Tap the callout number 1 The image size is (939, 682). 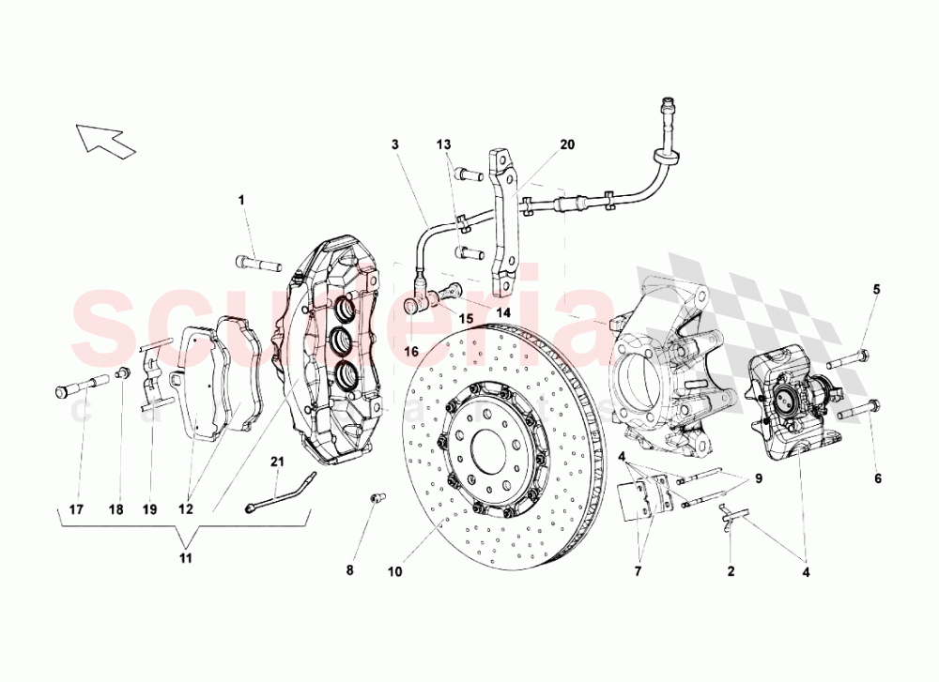point(240,200)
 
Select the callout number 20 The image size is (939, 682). point(566,145)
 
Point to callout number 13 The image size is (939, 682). point(443,145)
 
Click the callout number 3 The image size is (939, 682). point(395,145)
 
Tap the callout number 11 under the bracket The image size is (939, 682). point(186,559)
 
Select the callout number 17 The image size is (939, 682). point(75,511)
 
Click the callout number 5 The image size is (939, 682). point(876,290)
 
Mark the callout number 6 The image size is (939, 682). point(878,478)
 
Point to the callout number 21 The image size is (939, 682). point(276,461)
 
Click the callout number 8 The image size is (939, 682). point(350,569)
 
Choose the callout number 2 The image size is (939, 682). point(731,569)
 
